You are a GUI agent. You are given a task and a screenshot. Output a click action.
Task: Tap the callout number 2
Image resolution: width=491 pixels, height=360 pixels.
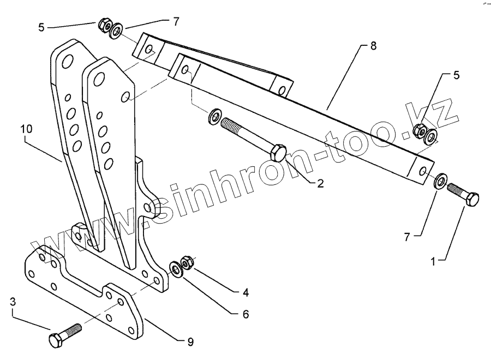pos(320,184)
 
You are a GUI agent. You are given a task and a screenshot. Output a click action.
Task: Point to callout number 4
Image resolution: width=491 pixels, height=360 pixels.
pos(246,293)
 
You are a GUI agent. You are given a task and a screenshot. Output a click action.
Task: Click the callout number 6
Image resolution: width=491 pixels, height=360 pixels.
pos(246,315)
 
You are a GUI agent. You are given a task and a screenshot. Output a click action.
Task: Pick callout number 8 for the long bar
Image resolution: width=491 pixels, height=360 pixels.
pos(373,46)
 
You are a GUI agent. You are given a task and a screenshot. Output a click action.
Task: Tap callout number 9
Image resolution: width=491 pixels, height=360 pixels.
pos(190,343)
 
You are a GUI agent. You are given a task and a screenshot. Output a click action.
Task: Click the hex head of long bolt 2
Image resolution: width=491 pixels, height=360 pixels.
pos(278,152)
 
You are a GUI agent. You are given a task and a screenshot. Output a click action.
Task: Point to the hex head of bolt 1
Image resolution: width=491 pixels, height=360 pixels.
pos(472,199)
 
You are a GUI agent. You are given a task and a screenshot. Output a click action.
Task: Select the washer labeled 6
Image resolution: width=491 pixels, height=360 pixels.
pos(176,268)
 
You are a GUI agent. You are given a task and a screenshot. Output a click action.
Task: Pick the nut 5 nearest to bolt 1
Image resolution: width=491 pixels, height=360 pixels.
pos(421,130)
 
